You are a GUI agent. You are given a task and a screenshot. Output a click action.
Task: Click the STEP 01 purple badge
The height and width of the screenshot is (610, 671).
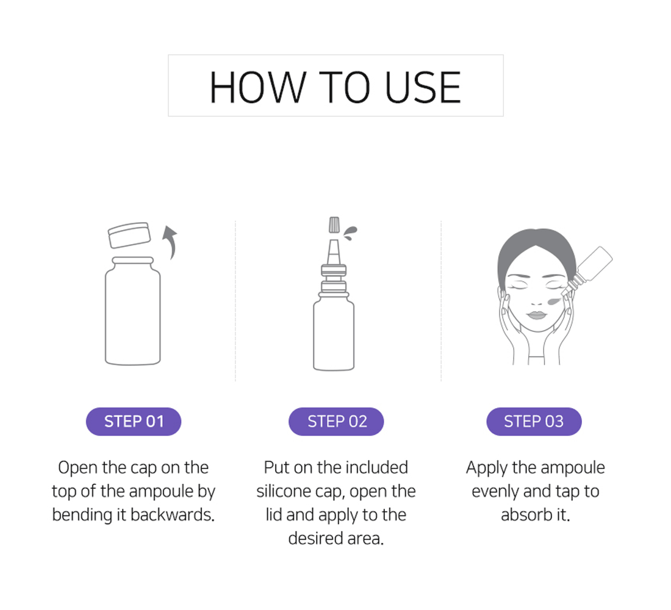134,422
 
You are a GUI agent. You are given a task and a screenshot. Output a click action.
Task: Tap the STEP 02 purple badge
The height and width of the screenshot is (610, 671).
336,422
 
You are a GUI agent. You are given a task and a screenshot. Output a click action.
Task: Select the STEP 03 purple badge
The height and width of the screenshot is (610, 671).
534,422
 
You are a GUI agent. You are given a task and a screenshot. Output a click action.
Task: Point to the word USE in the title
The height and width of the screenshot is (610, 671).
423,87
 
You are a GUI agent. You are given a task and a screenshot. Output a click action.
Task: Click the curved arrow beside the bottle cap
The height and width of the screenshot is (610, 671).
171,242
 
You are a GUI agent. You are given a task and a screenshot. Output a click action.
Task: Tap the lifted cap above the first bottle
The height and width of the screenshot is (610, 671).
130,235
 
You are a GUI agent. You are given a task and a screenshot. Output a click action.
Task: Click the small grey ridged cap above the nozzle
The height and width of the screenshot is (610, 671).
334,224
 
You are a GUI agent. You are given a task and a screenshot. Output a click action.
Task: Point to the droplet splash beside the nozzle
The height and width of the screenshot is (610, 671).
351,233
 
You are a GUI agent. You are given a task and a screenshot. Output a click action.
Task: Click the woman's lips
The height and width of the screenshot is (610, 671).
536,316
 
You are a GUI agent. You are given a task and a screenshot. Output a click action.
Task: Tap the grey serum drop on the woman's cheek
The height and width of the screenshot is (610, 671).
554,301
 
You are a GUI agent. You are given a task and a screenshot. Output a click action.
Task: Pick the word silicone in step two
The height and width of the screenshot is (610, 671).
283,491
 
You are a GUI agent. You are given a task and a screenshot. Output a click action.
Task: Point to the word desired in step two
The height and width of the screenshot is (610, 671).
316,538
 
